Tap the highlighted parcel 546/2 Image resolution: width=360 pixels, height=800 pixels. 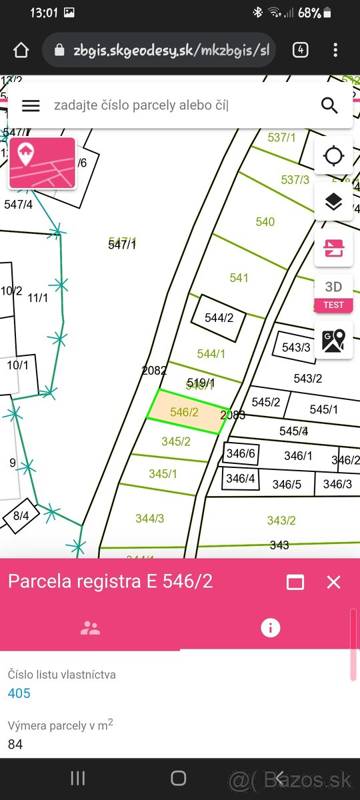click(185, 412)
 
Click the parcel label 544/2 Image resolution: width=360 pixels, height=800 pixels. click(219, 318)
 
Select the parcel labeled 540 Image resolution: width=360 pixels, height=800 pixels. click(265, 222)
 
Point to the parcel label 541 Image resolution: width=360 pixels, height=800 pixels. click(239, 278)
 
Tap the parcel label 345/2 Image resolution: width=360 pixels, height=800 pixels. click(176, 441)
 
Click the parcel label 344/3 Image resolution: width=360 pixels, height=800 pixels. click(149, 518)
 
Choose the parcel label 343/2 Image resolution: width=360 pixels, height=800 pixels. click(281, 521)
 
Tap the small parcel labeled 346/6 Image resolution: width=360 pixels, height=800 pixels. click(241, 454)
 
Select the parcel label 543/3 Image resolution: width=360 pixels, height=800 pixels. click(296, 347)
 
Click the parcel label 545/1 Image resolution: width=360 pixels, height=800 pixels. click(323, 409)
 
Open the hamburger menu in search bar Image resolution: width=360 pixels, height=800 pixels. click(31, 105)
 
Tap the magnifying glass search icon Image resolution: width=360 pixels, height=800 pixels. click(329, 105)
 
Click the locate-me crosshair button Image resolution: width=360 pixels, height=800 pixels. click(333, 157)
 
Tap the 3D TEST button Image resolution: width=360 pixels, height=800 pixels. click(333, 294)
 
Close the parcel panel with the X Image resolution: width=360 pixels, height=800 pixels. click(334, 582)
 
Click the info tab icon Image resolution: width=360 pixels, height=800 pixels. click(270, 627)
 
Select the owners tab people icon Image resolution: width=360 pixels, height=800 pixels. click(90, 627)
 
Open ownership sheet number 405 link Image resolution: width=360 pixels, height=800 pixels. click(19, 693)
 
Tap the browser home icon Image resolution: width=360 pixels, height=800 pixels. click(21, 50)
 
